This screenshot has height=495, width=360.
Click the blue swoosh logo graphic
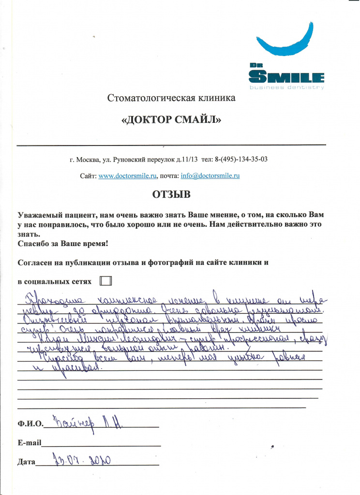tap(285, 39)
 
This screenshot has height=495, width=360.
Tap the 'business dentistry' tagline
tap(286, 87)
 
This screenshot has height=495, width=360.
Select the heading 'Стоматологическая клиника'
tap(171, 99)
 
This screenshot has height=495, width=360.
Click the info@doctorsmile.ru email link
tap(210, 176)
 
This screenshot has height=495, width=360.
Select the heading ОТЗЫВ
tap(171, 195)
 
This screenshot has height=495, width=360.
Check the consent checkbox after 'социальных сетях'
tap(105, 280)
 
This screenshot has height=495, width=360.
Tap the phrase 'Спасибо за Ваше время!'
tap(63, 244)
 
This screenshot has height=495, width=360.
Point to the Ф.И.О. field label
tap(30, 424)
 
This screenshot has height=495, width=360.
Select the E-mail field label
tap(29, 442)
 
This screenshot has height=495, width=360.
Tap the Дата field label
tap(26, 462)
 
